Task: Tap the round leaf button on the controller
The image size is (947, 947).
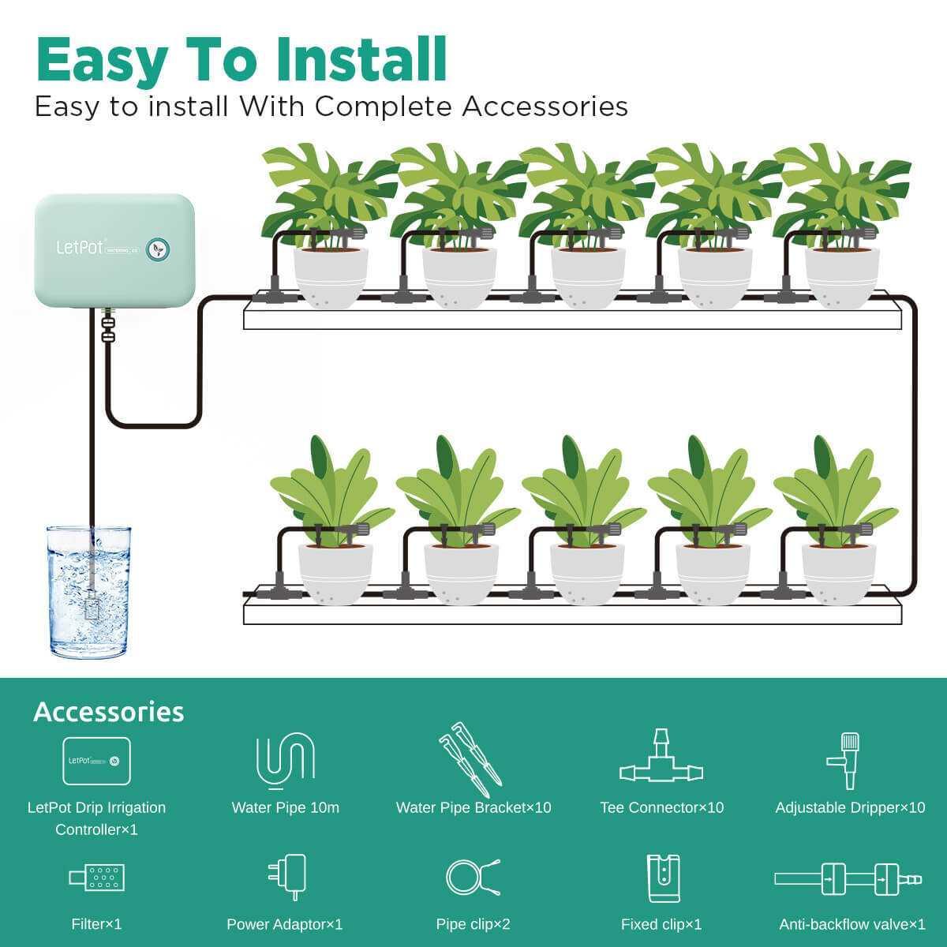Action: pyautogui.click(x=159, y=249)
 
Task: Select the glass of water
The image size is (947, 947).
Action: pyautogui.click(x=88, y=592)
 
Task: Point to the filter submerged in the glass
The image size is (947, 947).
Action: pyautogui.click(x=90, y=607)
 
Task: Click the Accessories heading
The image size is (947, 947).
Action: pyautogui.click(x=109, y=712)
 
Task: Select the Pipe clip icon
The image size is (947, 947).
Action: pyautogui.click(x=473, y=877)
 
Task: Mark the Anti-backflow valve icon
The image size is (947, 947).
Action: pyautogui.click(x=848, y=878)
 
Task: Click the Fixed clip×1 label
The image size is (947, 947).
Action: pyautogui.click(x=661, y=924)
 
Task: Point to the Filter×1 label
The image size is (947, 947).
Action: pyautogui.click(x=96, y=924)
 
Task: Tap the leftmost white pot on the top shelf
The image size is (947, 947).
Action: pyautogui.click(x=331, y=276)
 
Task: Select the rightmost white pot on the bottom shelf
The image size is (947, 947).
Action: pyautogui.click(x=839, y=571)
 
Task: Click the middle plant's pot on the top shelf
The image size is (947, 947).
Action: pyautogui.click(x=588, y=276)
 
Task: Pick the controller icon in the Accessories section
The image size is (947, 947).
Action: pyautogui.click(x=96, y=761)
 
